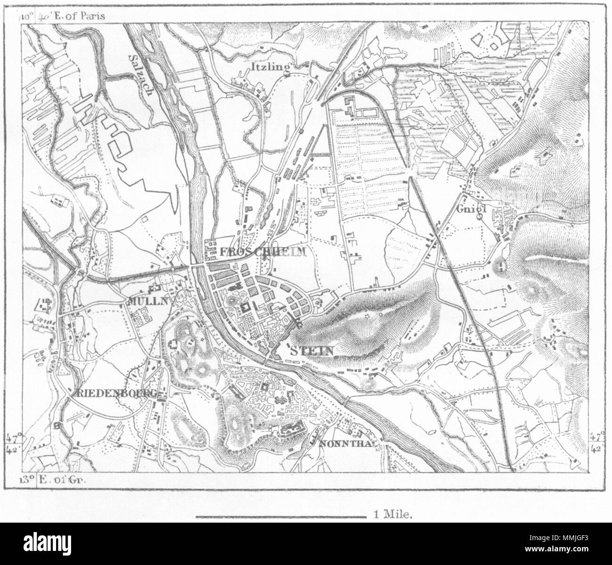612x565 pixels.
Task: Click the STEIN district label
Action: click(x=312, y=351)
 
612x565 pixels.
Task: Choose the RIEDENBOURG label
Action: click(x=115, y=394)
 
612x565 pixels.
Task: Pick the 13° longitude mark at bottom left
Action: click(x=27, y=479)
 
